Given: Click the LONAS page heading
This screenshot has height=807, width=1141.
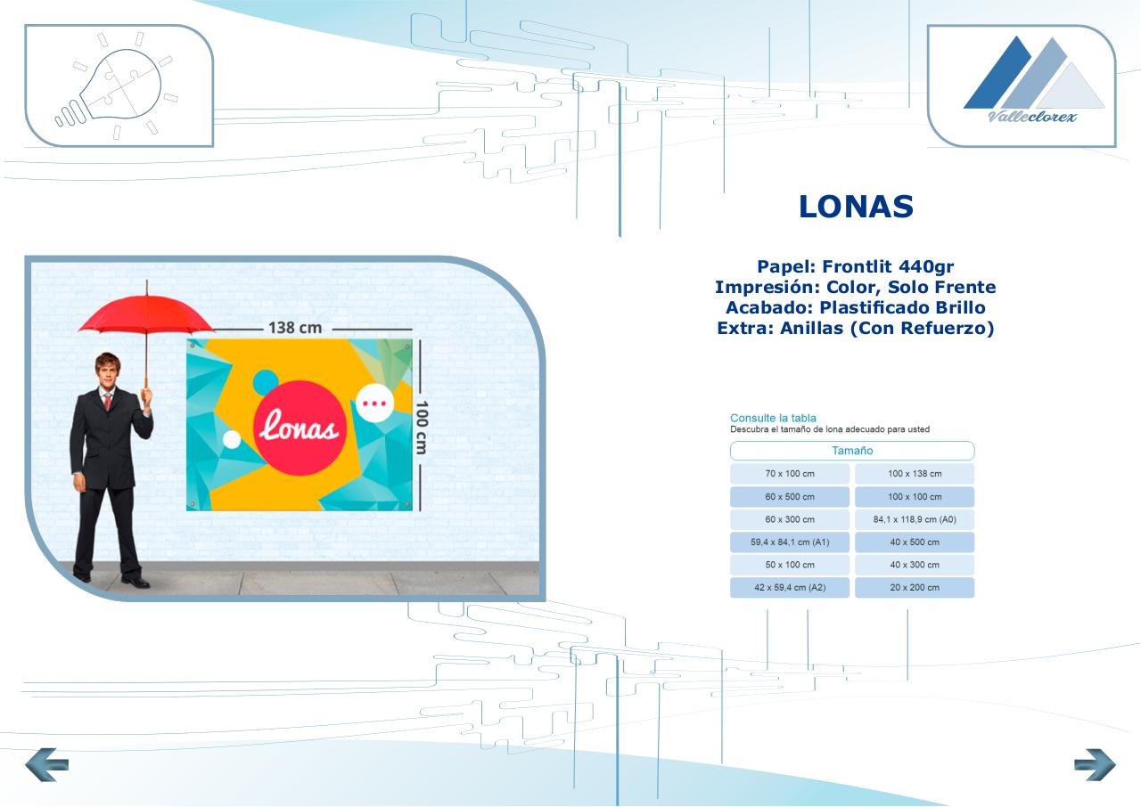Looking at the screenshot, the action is [856, 207].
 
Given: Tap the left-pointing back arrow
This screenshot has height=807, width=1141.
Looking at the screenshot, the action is [46, 764].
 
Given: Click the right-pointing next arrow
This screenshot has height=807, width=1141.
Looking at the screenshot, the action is [1095, 764].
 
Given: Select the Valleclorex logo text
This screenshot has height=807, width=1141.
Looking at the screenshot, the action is [1032, 117].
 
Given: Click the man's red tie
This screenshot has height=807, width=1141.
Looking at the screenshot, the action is [108, 401].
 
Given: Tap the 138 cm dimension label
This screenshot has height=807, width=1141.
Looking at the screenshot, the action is [295, 328].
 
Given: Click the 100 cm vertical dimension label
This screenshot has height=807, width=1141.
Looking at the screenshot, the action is [422, 428].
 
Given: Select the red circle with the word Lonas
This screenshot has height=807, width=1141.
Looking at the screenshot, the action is [300, 428].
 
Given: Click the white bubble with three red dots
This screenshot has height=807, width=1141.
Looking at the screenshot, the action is [375, 403].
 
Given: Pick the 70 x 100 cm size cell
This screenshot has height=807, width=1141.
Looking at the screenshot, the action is [790, 474].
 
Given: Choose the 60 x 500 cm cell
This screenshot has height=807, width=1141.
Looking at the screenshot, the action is [790, 497].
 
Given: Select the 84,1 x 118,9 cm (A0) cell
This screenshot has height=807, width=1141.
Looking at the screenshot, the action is [915, 519].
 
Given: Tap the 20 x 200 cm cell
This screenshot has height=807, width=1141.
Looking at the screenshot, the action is [915, 587].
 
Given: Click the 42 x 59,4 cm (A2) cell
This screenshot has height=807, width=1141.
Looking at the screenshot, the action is [790, 587].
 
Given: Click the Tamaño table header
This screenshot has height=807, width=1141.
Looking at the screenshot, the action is [852, 451].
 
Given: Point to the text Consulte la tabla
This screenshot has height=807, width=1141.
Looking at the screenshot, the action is [773, 419].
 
